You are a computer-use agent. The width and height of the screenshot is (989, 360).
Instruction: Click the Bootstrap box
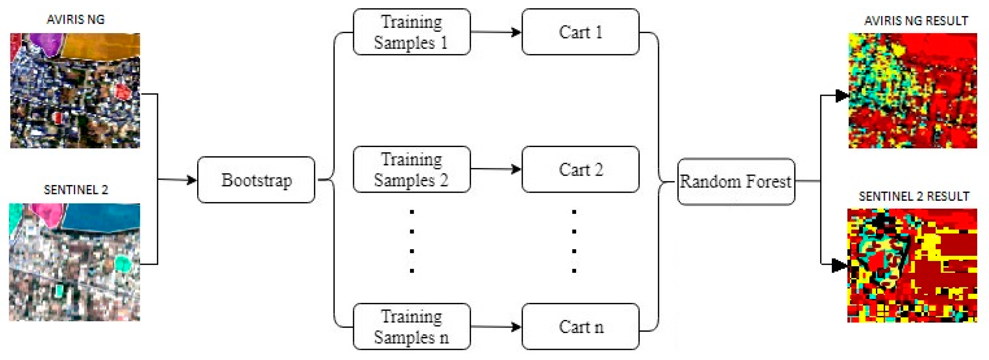tap(256, 180)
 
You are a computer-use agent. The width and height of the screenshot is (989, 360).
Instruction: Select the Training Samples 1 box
tap(411, 32)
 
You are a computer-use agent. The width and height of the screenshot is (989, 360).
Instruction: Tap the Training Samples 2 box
tap(411, 169)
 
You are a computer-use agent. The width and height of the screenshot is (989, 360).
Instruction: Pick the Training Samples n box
tap(411, 326)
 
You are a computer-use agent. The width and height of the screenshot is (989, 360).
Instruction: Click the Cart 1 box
tap(580, 32)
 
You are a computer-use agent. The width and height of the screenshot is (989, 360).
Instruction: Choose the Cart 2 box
tap(580, 169)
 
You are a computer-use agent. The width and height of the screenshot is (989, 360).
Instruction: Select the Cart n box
tap(580, 326)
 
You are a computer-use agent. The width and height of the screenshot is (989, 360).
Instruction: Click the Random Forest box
tap(736, 181)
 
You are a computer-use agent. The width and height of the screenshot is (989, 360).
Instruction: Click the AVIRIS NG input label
tap(76, 19)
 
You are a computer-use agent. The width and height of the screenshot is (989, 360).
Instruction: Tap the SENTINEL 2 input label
tap(76, 190)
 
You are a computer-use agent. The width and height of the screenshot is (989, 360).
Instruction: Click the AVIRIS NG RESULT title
tap(916, 21)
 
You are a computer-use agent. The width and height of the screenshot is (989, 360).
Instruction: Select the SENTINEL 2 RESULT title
tap(913, 196)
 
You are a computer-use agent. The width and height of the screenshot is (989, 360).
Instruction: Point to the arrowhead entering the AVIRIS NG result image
tap(842, 96)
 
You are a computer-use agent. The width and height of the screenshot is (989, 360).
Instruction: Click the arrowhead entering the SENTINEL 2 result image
tap(839, 265)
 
